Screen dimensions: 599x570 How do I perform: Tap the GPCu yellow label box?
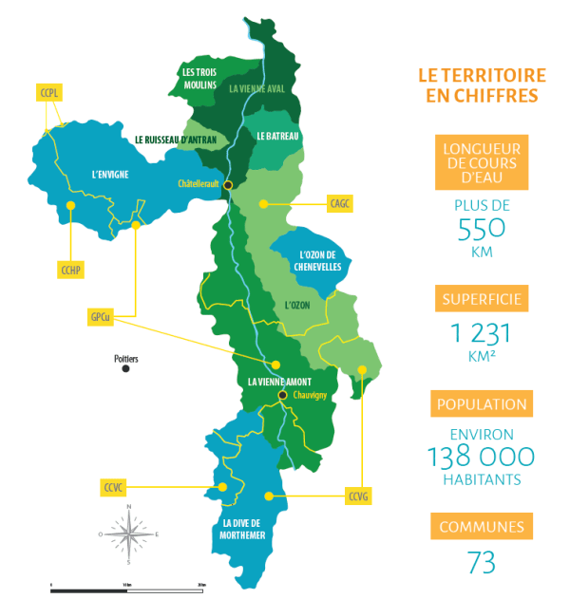coord(100,318)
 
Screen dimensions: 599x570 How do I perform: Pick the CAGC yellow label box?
coord(340,203)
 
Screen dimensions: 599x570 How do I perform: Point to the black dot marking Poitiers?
coord(125,368)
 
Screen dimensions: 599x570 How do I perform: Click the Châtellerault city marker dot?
coord(228,184)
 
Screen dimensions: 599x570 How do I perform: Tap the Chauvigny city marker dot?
coord(282,395)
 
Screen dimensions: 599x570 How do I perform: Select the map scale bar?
coord(127,589)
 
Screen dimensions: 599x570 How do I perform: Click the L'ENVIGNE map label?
coord(109,175)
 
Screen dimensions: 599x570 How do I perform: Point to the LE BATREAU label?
coord(277,137)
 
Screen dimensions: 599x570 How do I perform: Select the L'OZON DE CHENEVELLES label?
coord(314,261)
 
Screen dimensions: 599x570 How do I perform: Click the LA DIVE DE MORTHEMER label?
coord(240,530)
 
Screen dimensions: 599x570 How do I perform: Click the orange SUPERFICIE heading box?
coord(480,301)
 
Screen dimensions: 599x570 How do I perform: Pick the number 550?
coord(481,231)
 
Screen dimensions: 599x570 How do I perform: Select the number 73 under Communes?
coord(481,562)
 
